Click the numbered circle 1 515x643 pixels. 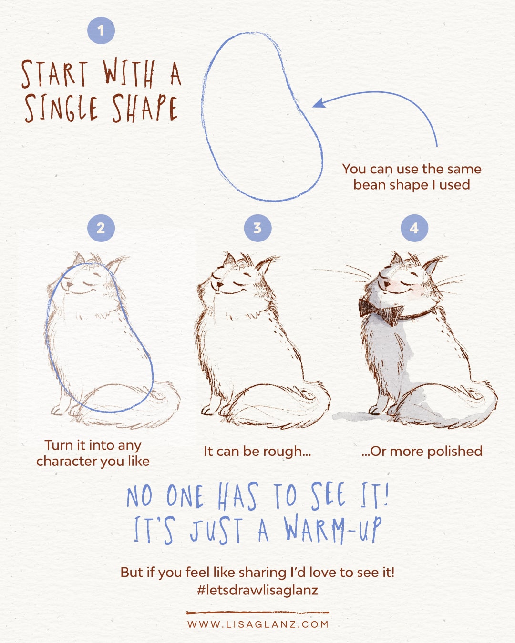[101, 30]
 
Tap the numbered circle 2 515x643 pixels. [101, 228]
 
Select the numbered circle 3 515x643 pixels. [257, 228]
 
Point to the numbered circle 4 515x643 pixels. [414, 228]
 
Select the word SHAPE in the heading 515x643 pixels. [145, 108]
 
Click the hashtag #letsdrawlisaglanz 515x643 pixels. [257, 590]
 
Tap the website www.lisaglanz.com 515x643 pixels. [257, 624]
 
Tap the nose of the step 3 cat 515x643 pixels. [220, 284]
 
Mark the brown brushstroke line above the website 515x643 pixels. [257, 613]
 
